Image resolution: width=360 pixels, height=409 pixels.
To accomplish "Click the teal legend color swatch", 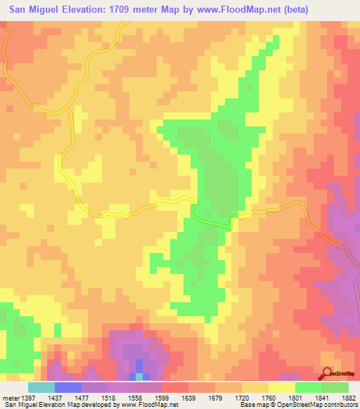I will tap(41, 387).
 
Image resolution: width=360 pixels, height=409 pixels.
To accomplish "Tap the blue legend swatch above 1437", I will tap(68, 387).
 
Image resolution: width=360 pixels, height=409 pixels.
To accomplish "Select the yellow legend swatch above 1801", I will tap(282, 387).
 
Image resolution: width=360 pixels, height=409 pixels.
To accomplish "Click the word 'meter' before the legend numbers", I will tap(9, 397).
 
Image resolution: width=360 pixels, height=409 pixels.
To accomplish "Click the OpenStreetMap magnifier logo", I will tap(328, 373).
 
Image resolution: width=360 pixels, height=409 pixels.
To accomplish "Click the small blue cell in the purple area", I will tap(139, 366).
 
